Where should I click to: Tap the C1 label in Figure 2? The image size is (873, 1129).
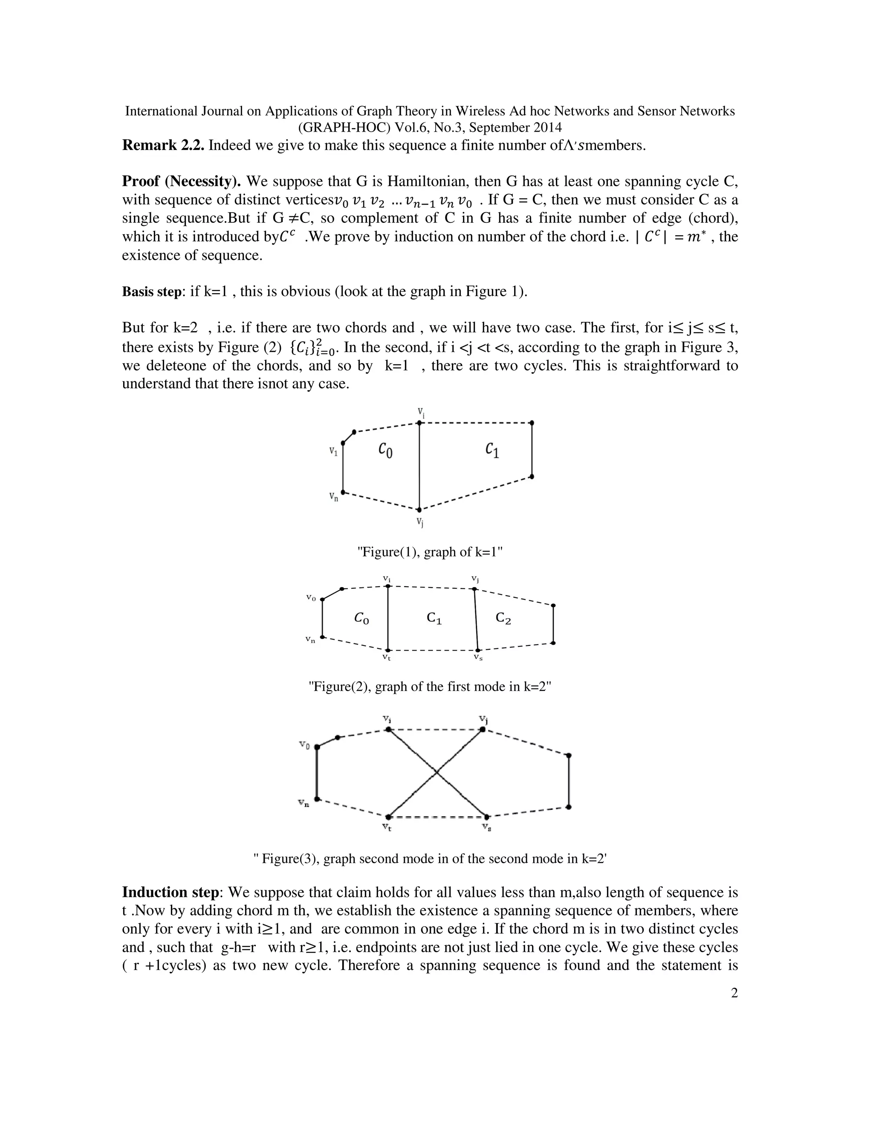click(434, 618)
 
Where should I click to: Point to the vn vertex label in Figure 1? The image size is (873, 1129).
click(334, 497)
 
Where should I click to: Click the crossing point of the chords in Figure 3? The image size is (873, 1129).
click(436, 773)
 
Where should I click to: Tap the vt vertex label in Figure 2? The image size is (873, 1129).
click(386, 657)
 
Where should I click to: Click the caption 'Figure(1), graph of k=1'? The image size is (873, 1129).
click(430, 552)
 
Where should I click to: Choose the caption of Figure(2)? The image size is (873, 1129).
click(430, 686)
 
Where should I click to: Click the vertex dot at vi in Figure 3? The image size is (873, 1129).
click(388, 729)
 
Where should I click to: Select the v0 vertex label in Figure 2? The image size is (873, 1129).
click(310, 598)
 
